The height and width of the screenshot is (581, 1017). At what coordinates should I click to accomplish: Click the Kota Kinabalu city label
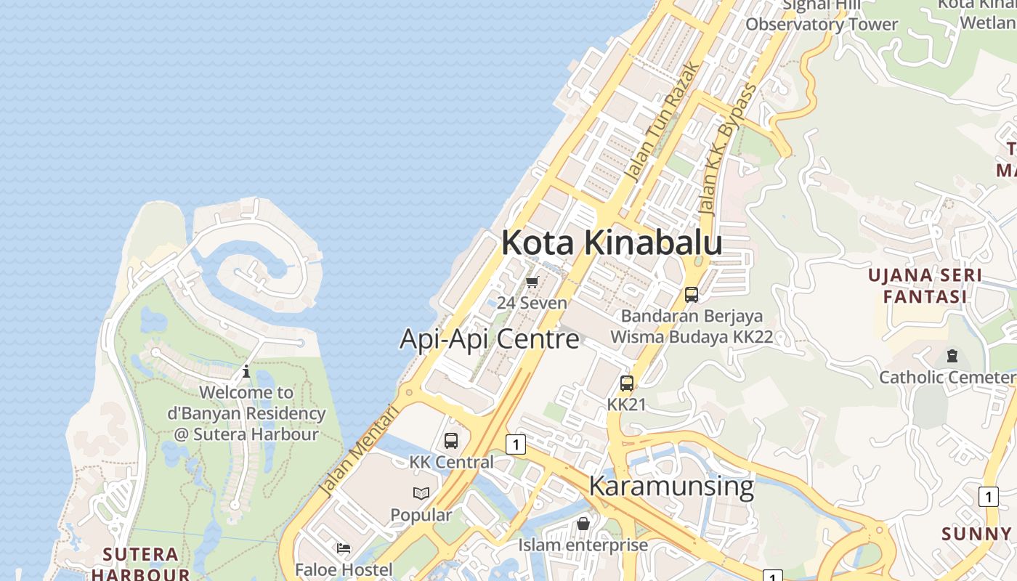612,243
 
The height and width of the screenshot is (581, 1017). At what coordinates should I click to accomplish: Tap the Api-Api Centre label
490,338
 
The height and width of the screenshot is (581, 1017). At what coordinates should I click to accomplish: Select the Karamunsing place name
671,485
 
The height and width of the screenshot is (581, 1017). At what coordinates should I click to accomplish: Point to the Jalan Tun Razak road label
663,122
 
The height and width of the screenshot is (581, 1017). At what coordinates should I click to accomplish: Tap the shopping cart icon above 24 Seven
532,282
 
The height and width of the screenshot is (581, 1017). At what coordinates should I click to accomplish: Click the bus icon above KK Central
451,440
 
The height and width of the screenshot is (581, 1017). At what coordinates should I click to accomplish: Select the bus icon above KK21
626,383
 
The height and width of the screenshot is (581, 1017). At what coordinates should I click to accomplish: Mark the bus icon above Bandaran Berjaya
692,294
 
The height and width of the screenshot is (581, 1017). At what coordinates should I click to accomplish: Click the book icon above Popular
421,494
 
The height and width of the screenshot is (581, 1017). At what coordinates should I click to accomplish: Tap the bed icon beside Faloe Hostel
344,548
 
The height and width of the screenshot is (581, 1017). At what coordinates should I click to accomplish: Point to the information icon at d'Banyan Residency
246,371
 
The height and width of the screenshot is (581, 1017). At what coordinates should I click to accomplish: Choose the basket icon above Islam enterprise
583,524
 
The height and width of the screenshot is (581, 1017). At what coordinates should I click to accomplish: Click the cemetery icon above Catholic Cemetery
952,356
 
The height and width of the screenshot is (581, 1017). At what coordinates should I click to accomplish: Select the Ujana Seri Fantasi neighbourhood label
925,285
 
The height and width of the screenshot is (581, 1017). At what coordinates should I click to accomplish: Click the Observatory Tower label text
822,24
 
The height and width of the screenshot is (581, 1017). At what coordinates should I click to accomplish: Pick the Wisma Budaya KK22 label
692,337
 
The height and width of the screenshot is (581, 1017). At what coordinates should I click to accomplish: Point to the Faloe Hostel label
344,569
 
